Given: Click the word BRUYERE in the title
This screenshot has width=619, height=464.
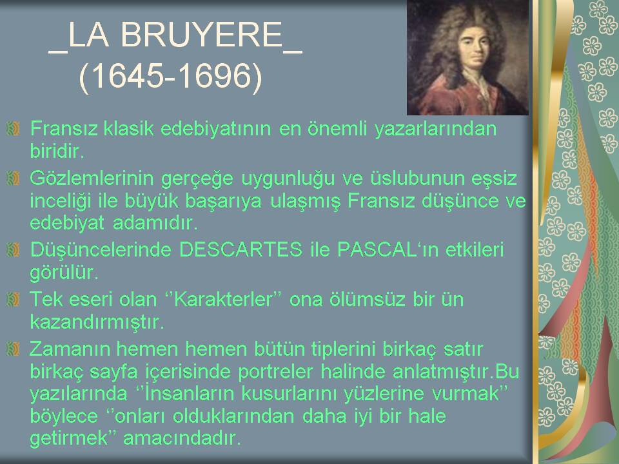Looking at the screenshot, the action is (x=201, y=35).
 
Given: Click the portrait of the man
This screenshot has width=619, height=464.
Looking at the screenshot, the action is (x=467, y=57).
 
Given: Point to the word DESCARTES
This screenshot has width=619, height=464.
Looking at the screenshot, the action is (x=241, y=249).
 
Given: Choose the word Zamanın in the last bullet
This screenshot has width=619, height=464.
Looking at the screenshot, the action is (x=70, y=349).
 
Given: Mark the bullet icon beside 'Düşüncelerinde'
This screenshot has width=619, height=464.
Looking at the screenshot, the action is (x=13, y=249).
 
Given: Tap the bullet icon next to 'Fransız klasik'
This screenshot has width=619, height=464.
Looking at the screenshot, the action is (x=13, y=128).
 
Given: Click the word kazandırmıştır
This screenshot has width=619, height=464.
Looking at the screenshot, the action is (x=97, y=322).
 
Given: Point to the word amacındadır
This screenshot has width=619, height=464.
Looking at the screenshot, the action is (x=182, y=438).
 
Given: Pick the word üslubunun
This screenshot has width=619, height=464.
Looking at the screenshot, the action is (x=417, y=179).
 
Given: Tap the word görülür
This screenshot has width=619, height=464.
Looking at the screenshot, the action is (x=64, y=273).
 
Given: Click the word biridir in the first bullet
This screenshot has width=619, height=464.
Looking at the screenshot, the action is (x=57, y=151).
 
